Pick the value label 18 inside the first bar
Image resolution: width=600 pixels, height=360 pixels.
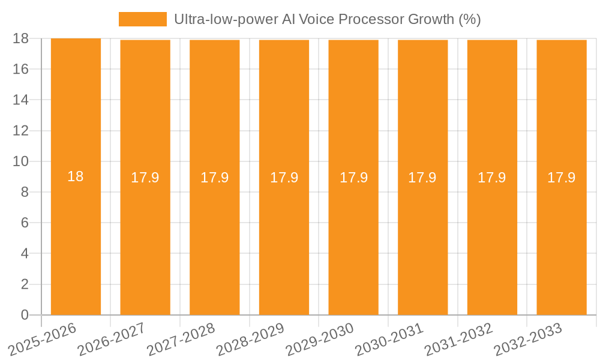coord(76,176)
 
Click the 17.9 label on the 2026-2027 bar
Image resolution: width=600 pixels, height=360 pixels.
coord(145,178)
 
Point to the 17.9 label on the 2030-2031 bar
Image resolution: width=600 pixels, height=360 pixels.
coord(422,178)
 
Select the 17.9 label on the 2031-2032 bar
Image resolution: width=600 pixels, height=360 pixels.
coord(492,178)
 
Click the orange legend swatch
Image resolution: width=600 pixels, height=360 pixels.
coord(143,19)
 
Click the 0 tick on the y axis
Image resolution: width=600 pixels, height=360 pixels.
coord(25,315)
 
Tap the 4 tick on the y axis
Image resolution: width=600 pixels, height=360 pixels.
coord(25,254)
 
